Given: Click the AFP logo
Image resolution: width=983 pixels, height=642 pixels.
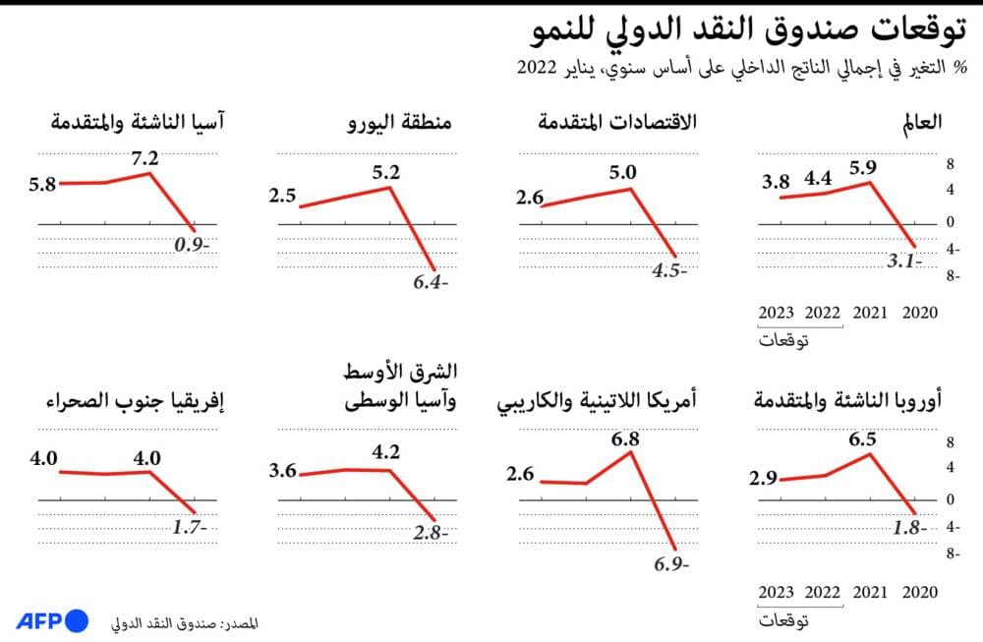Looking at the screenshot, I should [x=52, y=620].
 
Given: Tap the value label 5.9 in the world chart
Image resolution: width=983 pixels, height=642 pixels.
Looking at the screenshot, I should [x=863, y=165].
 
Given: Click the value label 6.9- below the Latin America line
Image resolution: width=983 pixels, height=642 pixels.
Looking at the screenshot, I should [x=672, y=564].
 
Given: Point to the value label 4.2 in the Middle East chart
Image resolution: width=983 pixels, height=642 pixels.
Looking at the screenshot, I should [x=385, y=453].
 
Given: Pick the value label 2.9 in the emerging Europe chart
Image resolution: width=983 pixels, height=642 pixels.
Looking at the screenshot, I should [x=763, y=479].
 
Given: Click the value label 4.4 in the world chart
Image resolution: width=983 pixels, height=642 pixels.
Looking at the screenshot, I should [x=818, y=179].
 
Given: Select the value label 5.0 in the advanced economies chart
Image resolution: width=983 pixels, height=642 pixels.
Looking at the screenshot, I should [x=623, y=173].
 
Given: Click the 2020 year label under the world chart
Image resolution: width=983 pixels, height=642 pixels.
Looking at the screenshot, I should [x=920, y=313].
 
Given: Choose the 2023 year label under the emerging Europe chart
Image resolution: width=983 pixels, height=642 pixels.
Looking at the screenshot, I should [x=777, y=593].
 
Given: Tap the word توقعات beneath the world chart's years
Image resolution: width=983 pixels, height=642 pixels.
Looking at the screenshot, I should [x=784, y=341].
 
